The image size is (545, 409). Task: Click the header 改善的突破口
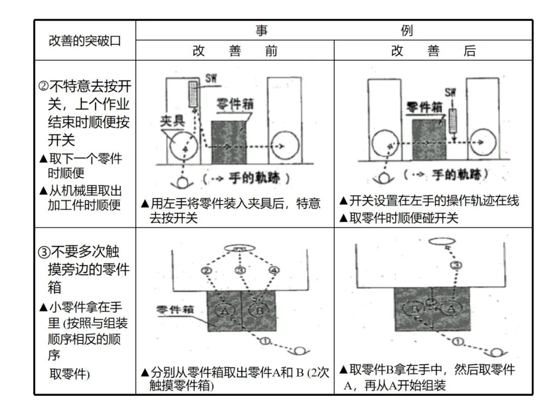pos(85,40)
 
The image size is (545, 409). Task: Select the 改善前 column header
pos(235,51)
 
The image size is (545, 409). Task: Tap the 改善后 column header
pos(433,51)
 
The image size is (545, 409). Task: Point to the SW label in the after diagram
pos(451,92)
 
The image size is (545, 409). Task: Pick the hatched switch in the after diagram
pos(452,119)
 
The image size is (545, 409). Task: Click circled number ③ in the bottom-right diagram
pos(456,265)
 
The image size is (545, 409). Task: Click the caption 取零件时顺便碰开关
pos(399,218)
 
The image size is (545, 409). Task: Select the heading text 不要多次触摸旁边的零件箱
pos(85,269)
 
